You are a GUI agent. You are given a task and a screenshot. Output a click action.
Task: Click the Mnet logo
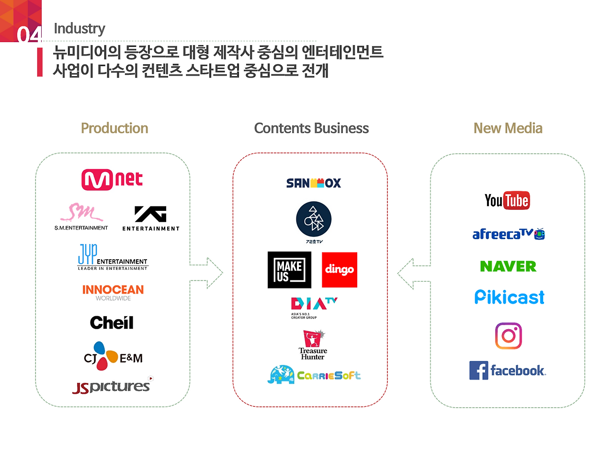click(112, 180)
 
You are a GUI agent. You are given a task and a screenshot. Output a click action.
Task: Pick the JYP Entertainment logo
click(113, 257)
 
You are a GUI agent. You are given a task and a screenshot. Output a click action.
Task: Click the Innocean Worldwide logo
click(113, 292)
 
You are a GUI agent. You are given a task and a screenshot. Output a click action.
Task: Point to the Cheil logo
click(112, 322)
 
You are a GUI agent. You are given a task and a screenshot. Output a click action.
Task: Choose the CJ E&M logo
click(113, 356)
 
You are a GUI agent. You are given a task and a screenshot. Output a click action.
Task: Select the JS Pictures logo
click(112, 386)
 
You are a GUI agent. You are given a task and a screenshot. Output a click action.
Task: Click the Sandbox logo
click(313, 183)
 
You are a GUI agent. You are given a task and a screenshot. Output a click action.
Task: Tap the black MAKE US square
click(289, 270)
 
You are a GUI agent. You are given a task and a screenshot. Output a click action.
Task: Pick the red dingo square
click(340, 270)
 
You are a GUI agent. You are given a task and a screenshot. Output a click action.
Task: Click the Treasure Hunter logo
click(313, 345)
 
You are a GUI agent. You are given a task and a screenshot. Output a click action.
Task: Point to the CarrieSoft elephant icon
click(281, 375)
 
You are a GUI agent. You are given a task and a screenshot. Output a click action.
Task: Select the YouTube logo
click(507, 200)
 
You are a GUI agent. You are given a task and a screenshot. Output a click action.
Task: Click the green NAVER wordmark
click(508, 266)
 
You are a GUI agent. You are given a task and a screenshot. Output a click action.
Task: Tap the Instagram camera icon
click(508, 335)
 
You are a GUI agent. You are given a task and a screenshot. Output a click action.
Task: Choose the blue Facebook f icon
click(478, 370)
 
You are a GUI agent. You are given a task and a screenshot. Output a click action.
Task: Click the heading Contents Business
click(311, 128)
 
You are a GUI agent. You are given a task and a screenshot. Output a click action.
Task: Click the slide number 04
click(29, 34)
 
